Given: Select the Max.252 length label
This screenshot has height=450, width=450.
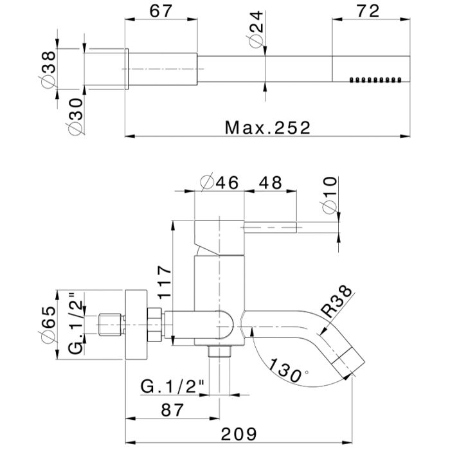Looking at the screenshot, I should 267,127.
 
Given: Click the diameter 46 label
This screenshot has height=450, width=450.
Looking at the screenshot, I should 219,182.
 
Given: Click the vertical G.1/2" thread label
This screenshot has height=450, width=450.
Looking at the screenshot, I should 76,327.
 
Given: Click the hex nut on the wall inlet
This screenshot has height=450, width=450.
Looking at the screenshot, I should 155,325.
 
